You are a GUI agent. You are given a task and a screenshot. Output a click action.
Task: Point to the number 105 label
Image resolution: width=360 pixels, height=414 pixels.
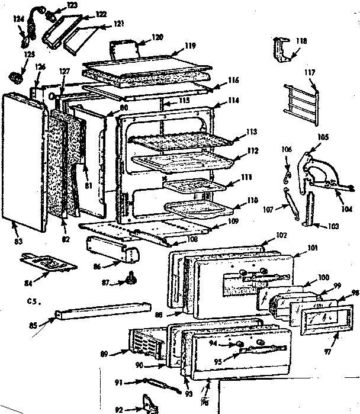pyautogui.click(x=323, y=136)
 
